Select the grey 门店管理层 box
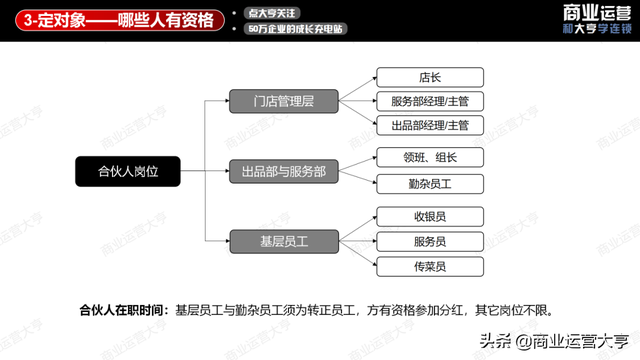coord(283,101)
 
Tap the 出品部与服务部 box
coord(283,171)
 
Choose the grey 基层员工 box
coord(283,240)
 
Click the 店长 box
coord(430,77)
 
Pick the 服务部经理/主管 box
coord(430,101)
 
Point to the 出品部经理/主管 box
coord(430,125)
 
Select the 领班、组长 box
coord(430,157)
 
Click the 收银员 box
coord(430,216)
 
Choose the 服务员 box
coord(430,241)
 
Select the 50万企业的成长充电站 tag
coord(297,29)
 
